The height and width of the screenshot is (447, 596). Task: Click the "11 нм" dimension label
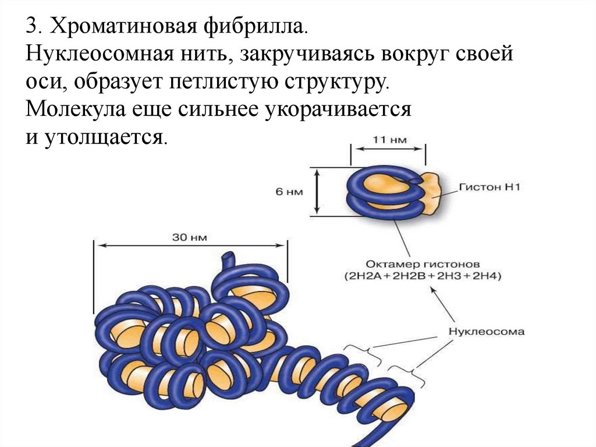388,140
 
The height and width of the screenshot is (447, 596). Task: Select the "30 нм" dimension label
189,237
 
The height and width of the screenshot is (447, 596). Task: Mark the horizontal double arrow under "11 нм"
388,150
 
